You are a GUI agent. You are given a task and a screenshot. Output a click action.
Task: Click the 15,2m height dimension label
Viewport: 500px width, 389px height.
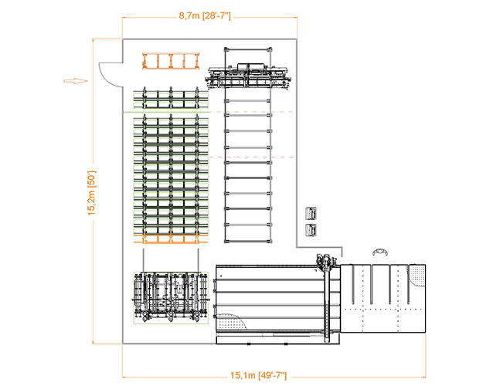90,193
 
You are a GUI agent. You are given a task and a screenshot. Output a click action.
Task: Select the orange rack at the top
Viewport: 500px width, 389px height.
171,60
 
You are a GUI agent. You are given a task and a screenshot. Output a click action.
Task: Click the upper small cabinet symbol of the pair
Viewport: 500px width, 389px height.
312,214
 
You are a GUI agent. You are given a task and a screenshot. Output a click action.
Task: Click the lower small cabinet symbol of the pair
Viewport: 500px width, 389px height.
312,230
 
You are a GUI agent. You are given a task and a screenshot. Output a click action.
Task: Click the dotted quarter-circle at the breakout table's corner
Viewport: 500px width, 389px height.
417,274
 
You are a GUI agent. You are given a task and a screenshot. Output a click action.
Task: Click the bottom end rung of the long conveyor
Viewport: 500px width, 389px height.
249,239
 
